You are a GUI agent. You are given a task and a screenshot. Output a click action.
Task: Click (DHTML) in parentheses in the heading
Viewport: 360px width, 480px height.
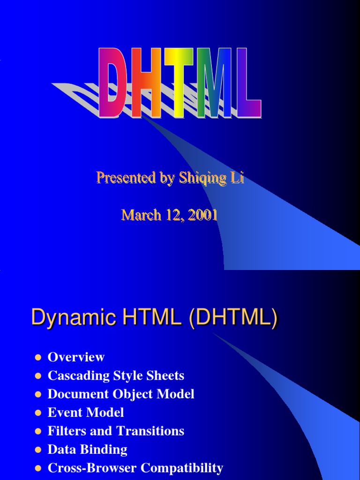pos(232,319)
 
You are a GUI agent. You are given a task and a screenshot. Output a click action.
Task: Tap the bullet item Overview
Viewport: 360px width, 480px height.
pos(76,357)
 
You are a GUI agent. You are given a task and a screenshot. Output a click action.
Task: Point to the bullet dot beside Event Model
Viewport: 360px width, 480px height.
pos(38,413)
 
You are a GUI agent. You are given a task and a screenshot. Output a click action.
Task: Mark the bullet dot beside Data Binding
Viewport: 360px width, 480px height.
pos(38,450)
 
